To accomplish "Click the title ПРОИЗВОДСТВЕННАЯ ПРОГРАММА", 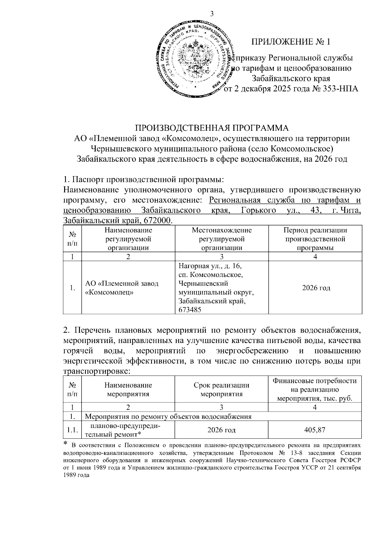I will (212, 128).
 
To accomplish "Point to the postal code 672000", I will (159, 220).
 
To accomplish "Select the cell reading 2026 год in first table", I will (316, 288).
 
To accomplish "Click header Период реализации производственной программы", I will (315, 239).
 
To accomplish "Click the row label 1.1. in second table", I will (72, 430).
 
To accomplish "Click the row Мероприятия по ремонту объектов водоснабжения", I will (168, 416).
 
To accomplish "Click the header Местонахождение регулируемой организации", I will (221, 239).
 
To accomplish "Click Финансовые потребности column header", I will (315, 381).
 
